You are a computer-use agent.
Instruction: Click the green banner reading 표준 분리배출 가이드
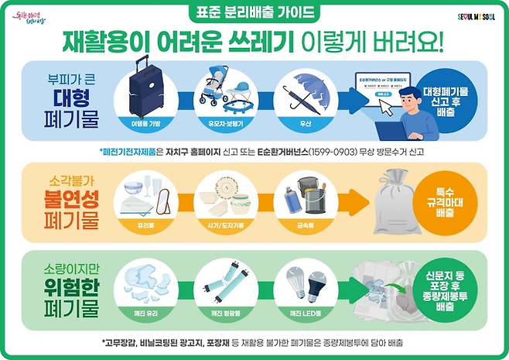click(254, 13)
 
